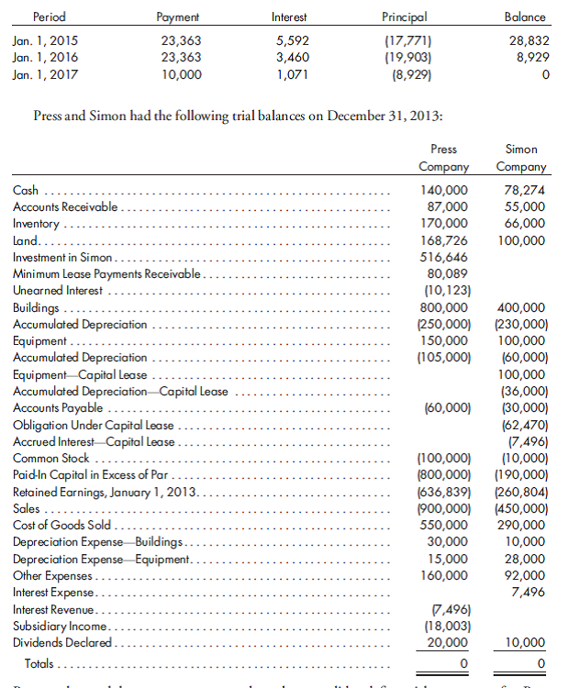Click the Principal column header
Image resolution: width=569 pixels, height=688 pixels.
tap(404, 17)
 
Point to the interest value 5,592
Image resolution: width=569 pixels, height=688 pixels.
tap(292, 40)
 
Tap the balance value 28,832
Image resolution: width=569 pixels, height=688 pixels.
tap(528, 40)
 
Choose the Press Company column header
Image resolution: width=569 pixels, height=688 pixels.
tap(444, 158)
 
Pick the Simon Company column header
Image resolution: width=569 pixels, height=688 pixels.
tap(521, 158)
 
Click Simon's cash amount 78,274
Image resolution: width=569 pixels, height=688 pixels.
tap(525, 191)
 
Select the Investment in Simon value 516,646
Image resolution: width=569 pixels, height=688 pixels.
tap(444, 257)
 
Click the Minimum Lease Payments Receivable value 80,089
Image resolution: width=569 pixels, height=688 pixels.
tap(448, 273)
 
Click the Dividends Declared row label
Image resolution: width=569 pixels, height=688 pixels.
tap(62, 642)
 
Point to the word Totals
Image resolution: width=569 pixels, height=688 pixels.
tap(39, 663)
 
